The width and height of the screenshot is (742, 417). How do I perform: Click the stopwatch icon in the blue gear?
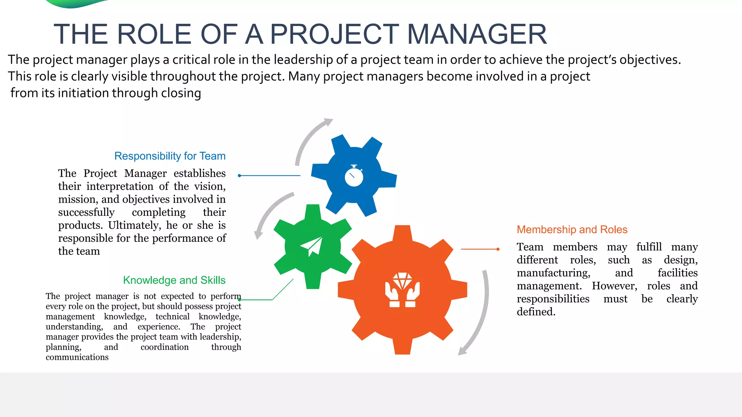354,176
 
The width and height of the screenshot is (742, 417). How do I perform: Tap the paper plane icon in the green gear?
312,246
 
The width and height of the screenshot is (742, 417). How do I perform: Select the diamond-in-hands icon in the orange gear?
402,290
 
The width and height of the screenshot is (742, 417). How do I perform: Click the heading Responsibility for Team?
170,156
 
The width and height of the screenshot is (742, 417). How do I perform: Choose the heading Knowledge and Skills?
174,280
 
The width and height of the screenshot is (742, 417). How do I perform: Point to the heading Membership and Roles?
572,229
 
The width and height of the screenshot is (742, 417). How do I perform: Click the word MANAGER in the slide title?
477,34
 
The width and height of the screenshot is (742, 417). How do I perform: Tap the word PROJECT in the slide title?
334,34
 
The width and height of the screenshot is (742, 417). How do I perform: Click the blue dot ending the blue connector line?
239,176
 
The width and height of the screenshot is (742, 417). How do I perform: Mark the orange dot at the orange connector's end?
498,249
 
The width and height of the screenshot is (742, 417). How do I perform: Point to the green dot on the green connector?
239,300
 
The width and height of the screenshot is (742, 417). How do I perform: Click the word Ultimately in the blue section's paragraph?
135,225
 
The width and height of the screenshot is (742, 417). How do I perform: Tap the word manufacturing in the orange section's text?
553,273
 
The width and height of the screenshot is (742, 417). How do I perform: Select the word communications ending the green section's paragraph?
77,357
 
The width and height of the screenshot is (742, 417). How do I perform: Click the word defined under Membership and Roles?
536,312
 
